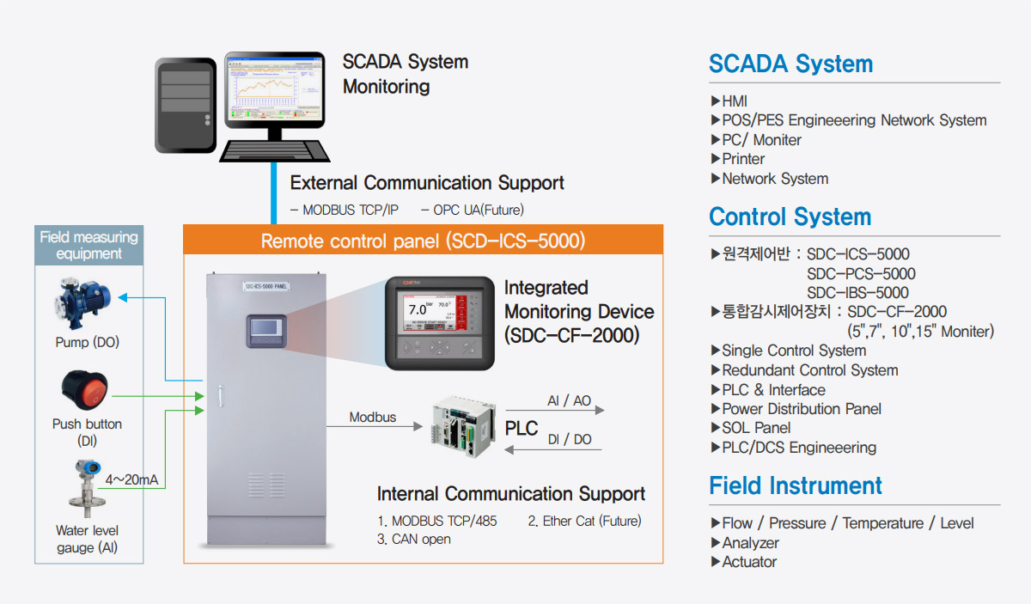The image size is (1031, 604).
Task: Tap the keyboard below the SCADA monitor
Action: tap(275, 149)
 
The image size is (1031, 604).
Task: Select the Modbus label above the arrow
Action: tap(372, 418)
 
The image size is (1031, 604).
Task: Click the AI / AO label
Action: tap(570, 401)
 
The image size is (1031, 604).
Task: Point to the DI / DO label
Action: tap(570, 439)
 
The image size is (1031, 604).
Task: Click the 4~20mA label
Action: tap(131, 479)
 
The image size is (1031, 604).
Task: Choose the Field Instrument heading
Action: tap(795, 485)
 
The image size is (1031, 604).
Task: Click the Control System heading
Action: tap(790, 217)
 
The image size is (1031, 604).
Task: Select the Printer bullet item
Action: tap(743, 159)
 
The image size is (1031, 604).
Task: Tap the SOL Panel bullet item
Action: tap(756, 428)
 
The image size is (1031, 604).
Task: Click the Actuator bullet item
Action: tap(749, 562)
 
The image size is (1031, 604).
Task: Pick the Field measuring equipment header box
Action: tap(89, 245)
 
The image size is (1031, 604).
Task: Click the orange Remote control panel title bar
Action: tap(423, 240)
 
